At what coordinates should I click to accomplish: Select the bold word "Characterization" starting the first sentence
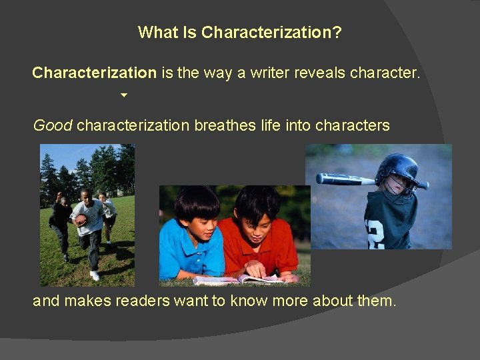(94, 73)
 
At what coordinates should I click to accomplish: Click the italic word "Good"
(53, 125)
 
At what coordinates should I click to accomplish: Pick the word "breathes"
(224, 125)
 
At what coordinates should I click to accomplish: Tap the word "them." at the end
(377, 301)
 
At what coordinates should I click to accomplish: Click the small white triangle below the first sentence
(123, 96)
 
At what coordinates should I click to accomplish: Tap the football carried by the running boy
(81, 220)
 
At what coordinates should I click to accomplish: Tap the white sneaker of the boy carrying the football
(95, 275)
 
